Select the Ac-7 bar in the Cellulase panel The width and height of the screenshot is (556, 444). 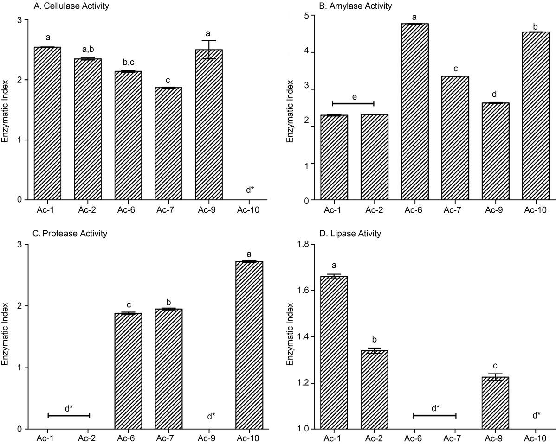tap(168, 144)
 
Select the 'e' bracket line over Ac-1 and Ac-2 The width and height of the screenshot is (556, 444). tap(353, 103)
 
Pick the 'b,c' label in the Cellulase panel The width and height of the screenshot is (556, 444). tap(128, 62)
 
